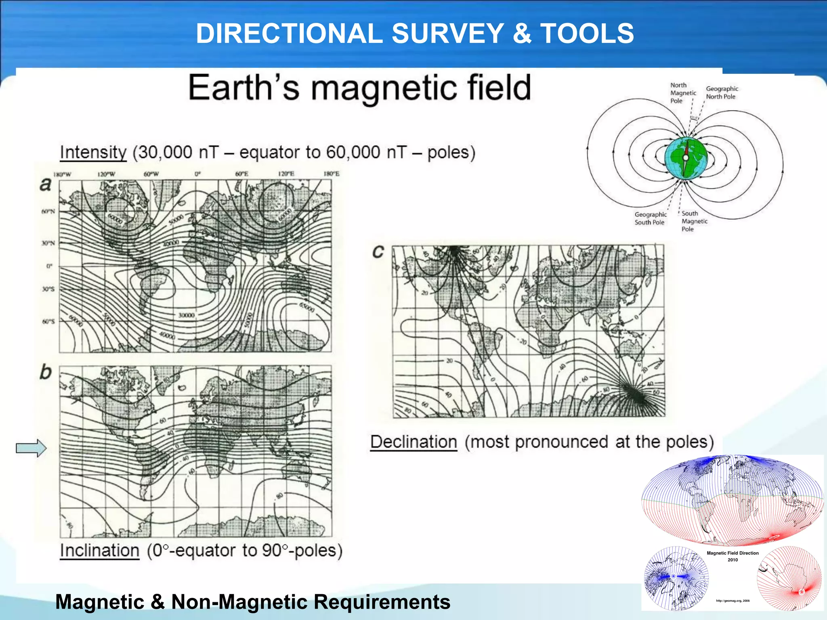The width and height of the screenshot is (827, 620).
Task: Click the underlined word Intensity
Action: click(93, 153)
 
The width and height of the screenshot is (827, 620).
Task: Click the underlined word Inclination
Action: click(99, 551)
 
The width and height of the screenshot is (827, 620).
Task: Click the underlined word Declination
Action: click(413, 442)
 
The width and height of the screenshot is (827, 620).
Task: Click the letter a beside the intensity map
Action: click(46, 184)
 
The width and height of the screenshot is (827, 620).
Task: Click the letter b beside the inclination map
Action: click(46, 372)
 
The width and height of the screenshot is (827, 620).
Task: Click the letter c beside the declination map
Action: click(378, 251)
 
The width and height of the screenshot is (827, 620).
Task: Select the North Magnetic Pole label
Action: click(682, 93)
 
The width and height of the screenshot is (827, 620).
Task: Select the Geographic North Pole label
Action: click(722, 92)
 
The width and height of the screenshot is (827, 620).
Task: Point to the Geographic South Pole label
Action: click(650, 218)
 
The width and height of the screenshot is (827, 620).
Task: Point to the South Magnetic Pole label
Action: click(694, 221)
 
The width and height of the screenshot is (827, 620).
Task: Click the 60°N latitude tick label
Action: click(48, 212)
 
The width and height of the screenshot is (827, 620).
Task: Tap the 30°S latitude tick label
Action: click(48, 289)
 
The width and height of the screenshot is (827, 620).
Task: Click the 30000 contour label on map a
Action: click(186, 315)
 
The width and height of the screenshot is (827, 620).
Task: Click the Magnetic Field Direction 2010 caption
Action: click(733, 556)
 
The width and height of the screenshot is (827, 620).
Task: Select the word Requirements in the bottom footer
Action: click(382, 602)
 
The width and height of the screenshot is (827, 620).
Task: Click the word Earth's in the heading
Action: click(244, 88)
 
